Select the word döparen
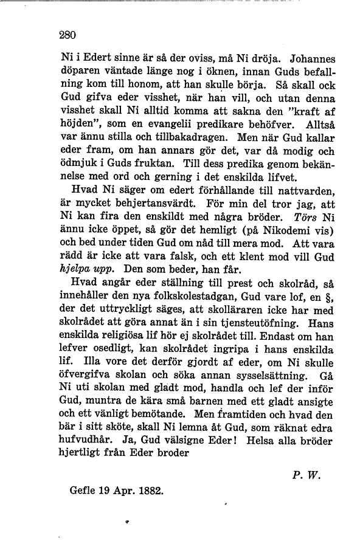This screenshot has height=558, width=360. (79, 75)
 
